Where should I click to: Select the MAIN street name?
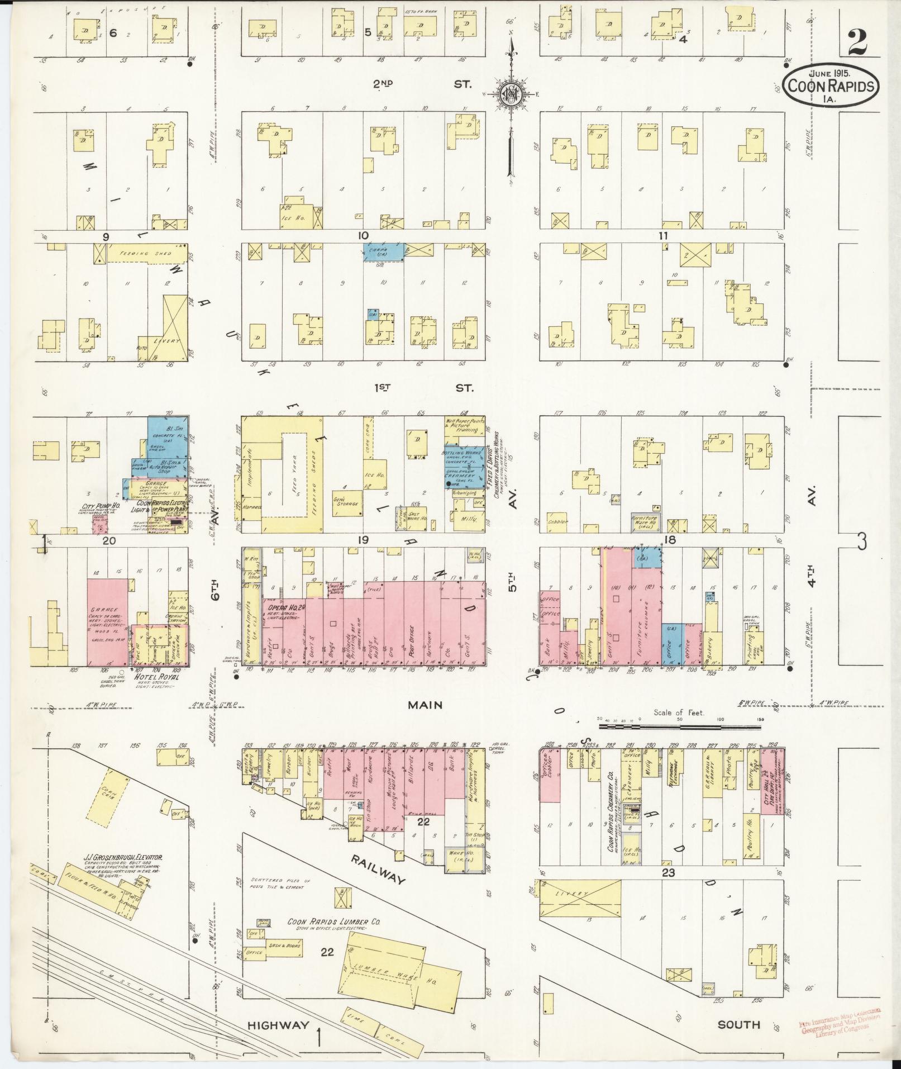(425, 705)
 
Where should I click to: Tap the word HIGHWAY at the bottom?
(278, 1024)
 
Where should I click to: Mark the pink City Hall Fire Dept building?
(773, 782)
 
